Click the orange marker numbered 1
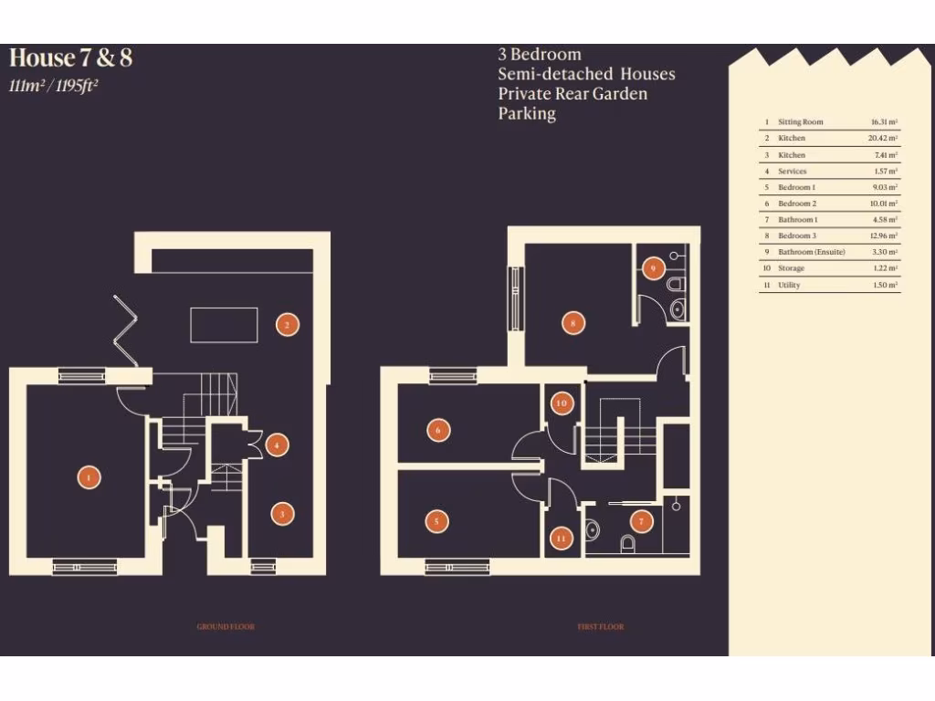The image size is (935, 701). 89,476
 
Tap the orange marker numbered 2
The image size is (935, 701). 287,324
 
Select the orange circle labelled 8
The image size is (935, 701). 573,322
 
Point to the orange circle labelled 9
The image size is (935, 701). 652,268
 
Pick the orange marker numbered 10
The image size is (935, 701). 562,403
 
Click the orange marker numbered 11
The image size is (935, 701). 561,539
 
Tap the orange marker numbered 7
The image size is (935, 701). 642,521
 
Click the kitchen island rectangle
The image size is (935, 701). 223,324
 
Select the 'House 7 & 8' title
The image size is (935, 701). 70,58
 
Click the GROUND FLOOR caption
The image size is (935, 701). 226,627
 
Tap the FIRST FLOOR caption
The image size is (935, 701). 600,627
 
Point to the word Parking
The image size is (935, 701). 527,114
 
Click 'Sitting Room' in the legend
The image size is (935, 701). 800,122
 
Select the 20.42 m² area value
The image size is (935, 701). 883,139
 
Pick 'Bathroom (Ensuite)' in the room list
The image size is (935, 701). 812,252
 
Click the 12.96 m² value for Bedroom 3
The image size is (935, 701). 883,236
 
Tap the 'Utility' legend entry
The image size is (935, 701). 791,286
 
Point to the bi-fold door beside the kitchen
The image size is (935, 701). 124,330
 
